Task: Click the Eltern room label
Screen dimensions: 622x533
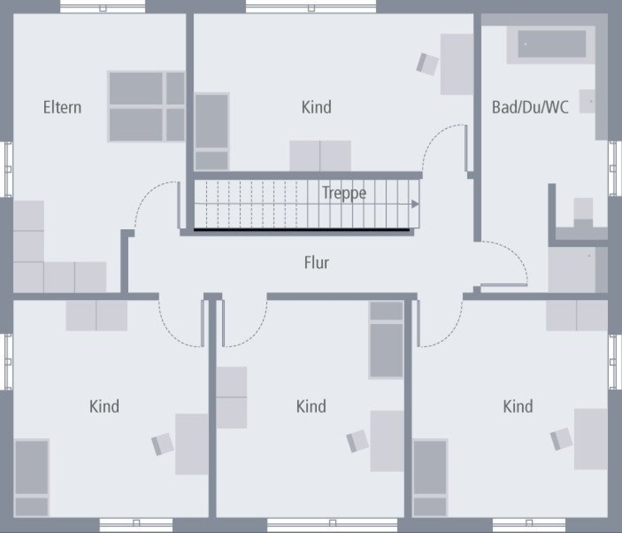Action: [x=62, y=107]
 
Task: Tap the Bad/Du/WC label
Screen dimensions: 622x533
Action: [x=530, y=107]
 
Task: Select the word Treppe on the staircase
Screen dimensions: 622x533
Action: [x=344, y=193]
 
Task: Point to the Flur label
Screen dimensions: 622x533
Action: [x=316, y=262]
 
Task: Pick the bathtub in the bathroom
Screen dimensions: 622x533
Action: [x=552, y=44]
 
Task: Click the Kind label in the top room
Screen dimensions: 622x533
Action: [x=316, y=107]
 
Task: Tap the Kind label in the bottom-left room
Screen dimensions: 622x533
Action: [x=104, y=406]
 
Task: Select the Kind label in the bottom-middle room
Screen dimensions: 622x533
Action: [x=311, y=406]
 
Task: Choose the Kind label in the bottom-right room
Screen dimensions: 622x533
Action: [x=518, y=406]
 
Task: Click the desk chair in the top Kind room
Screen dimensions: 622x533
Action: [x=427, y=64]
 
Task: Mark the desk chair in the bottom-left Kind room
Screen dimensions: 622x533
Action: [x=162, y=444]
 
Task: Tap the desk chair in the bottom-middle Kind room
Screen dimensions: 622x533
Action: [x=358, y=441]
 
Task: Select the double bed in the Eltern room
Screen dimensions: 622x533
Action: [x=147, y=106]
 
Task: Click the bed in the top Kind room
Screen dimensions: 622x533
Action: [x=212, y=132]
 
